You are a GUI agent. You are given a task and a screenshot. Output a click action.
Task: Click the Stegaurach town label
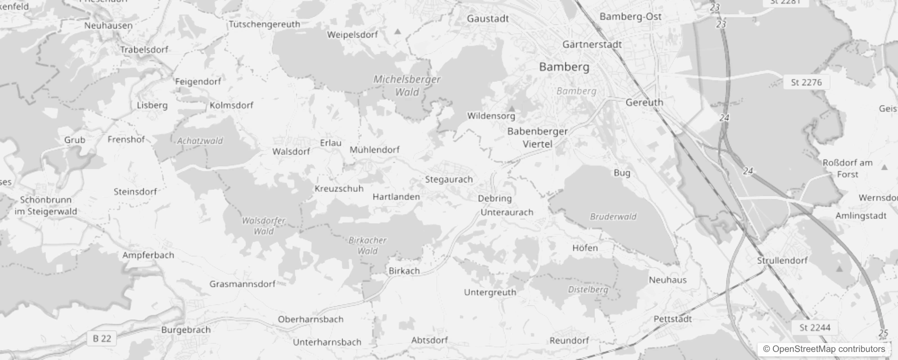coord(449,179)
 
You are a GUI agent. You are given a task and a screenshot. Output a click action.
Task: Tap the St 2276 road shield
coord(806,82)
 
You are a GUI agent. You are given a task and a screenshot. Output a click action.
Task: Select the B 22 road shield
coord(102,338)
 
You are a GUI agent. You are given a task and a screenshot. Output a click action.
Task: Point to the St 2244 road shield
coord(815,328)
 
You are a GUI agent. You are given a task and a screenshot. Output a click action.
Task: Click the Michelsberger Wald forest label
coord(407,85)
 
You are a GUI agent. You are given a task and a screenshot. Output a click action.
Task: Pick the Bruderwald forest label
coord(613,216)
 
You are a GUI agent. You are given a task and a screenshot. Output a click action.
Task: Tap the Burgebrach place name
coord(186,330)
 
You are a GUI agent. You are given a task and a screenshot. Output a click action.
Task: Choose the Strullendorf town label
coord(782,261)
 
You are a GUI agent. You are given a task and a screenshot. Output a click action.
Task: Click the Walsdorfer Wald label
coord(264,226)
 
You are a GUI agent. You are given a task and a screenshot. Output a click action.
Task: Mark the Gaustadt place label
coord(488,18)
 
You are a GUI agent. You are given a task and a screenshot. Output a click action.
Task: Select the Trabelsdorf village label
coord(144,49)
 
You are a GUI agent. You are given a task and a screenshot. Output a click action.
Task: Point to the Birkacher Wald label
coord(368,245)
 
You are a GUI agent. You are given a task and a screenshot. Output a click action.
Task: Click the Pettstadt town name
coord(673,319)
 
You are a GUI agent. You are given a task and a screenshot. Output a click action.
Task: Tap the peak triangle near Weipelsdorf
coord(398,31)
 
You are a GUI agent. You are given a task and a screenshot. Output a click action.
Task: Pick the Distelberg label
coord(588,289)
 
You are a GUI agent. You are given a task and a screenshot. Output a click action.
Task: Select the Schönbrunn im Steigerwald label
coord(46,206)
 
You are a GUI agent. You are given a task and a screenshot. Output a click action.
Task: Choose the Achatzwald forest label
coord(200,141)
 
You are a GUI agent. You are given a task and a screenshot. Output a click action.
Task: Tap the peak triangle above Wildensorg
coord(512,108)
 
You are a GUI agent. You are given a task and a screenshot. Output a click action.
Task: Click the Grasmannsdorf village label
coord(242,284)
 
